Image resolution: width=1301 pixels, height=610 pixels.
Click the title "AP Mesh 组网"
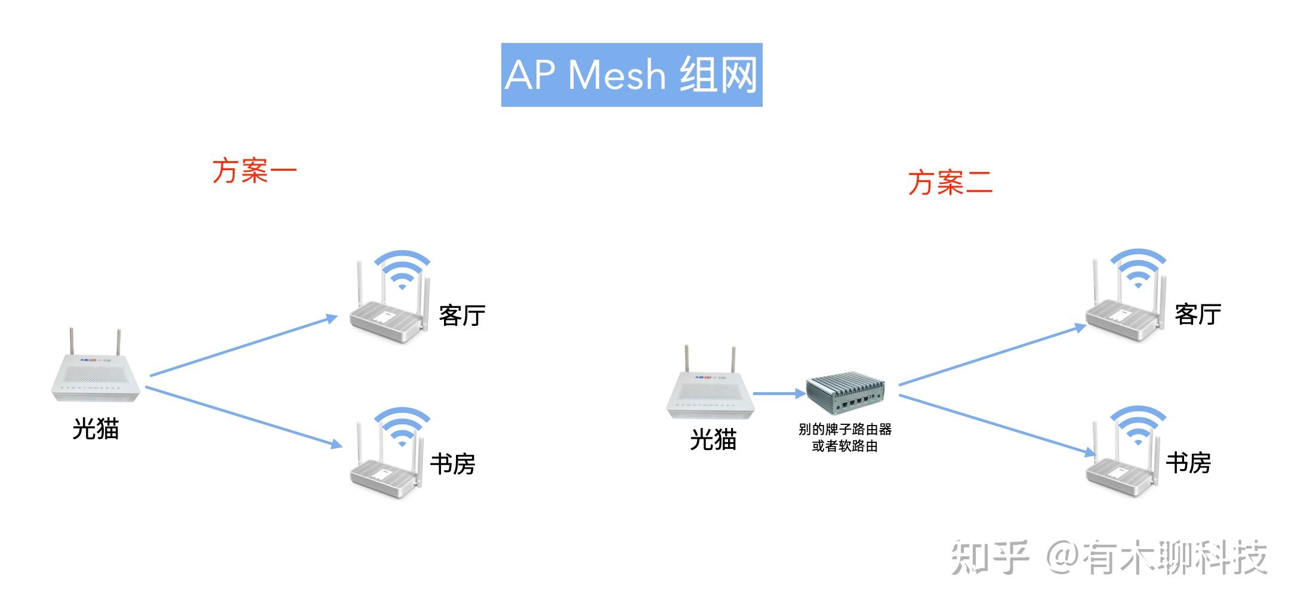tap(631, 75)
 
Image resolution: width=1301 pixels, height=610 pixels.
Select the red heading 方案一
tap(255, 171)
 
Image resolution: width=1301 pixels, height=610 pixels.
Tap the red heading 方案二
tap(951, 182)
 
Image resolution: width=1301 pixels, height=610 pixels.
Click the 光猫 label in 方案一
tap(95, 429)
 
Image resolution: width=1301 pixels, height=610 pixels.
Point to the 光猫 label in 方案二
tap(713, 439)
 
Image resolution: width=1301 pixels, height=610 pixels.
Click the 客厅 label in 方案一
tap(462, 315)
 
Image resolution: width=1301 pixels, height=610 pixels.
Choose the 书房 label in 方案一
tap(452, 464)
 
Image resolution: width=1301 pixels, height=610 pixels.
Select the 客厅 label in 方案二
tap(1198, 314)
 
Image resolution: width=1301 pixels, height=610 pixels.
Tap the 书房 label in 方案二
tap(1188, 463)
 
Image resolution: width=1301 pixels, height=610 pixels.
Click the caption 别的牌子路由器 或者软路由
tap(845, 438)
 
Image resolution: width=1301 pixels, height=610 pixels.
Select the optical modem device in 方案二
tap(710, 381)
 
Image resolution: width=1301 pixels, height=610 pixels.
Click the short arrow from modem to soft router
tap(779, 393)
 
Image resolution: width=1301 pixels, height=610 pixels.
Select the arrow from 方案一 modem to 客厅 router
tap(243, 346)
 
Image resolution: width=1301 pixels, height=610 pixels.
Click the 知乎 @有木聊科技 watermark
tap(1109, 557)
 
